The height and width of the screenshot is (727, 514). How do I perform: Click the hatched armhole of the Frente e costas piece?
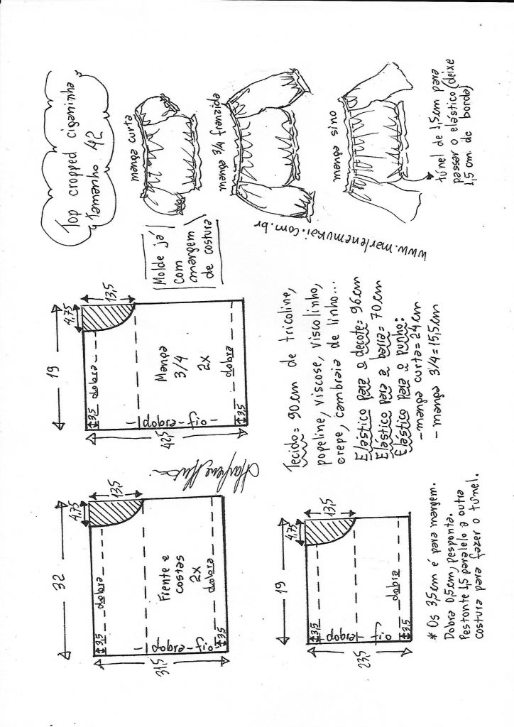click(x=111, y=509)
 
